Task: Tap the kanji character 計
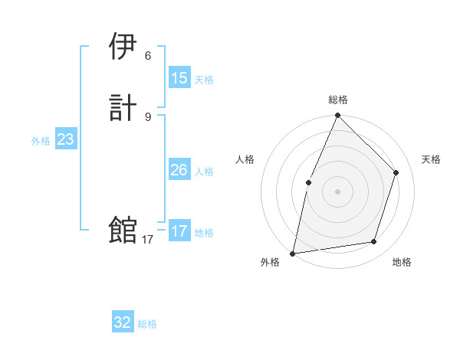click(123, 107)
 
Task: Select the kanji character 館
click(123, 230)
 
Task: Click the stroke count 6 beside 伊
click(148, 55)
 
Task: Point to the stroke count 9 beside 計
click(148, 116)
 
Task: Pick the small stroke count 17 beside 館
click(148, 240)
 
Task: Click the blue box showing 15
click(179, 78)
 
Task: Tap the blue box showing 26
click(179, 170)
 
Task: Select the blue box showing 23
click(65, 140)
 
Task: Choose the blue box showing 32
click(123, 322)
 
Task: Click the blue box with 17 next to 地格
click(179, 231)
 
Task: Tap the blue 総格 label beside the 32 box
click(147, 324)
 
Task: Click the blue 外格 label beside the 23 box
click(41, 141)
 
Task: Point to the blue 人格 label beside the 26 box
click(204, 172)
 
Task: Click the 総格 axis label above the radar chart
click(337, 100)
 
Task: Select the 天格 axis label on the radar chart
click(431, 159)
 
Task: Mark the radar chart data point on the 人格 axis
click(308, 182)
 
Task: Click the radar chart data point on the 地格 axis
click(374, 242)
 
